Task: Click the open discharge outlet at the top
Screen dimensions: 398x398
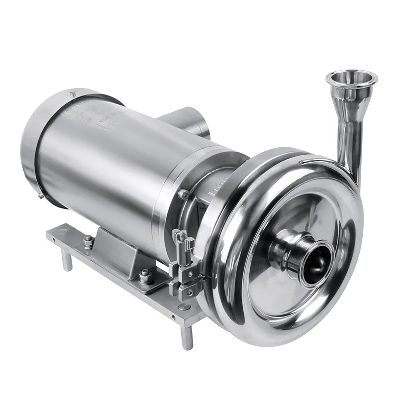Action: coord(351,79)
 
